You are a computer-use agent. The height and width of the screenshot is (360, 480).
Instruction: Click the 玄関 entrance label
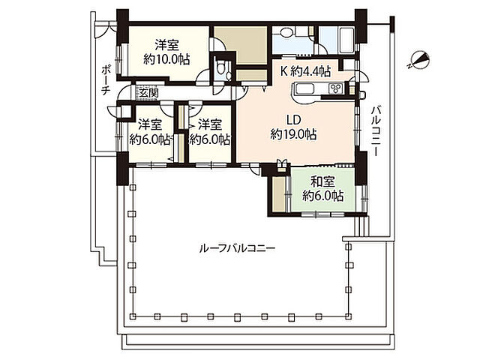[148, 93]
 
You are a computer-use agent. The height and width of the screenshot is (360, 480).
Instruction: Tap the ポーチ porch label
[106, 80]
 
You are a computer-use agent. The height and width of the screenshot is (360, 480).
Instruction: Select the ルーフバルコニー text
[237, 248]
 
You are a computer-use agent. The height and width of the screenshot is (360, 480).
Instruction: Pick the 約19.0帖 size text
[293, 134]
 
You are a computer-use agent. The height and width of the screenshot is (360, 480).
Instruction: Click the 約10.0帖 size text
[166, 59]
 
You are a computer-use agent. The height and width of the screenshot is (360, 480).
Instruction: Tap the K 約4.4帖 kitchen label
[305, 72]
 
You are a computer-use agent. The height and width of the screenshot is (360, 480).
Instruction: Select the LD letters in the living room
[293, 120]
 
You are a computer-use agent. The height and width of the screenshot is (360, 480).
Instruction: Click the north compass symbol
[418, 59]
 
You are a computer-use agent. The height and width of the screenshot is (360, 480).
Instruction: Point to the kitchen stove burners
[335, 88]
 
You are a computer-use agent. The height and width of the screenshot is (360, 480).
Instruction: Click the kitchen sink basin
[304, 88]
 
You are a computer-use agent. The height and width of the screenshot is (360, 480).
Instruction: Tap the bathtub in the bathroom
[346, 40]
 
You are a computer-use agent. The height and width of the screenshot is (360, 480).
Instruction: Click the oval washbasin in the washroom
[286, 33]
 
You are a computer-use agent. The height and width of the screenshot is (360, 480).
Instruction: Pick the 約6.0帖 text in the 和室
[322, 195]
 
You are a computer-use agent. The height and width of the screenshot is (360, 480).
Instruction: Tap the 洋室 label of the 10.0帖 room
[166, 45]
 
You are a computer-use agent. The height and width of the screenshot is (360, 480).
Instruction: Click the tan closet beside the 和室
[279, 193]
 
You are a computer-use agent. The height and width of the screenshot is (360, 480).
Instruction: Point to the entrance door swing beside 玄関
[124, 91]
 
